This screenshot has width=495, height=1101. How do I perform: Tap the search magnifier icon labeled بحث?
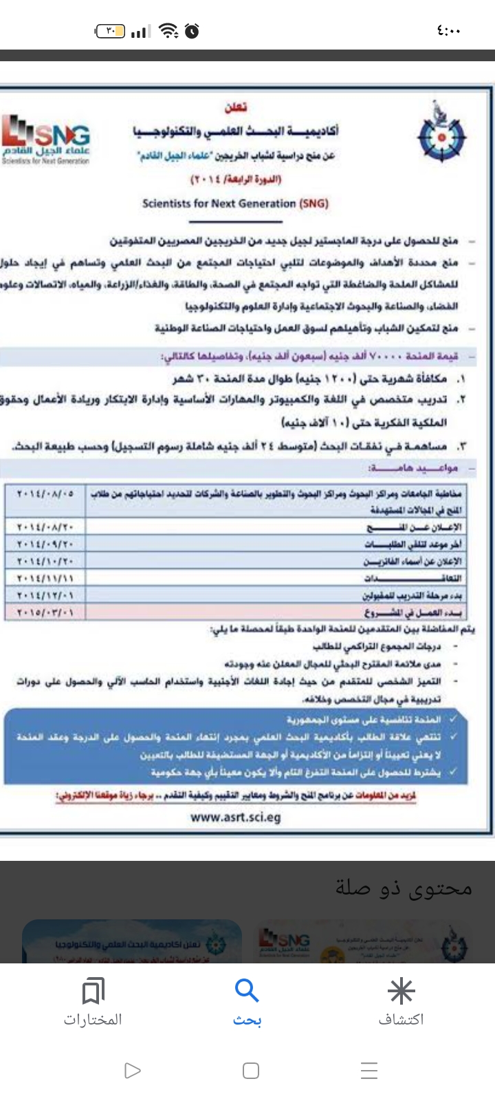point(247,992)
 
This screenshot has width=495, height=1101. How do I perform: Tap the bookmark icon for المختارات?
point(93,992)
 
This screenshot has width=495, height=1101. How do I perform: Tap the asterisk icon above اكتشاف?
point(401,992)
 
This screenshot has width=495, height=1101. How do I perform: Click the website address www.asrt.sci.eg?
point(236,817)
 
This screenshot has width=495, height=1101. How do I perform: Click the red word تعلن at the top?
point(236,107)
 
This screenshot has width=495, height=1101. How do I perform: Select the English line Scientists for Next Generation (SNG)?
point(235,204)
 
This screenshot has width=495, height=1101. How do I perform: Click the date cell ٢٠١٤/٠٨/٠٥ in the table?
point(47,493)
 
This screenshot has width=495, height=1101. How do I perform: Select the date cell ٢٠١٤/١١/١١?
point(47,578)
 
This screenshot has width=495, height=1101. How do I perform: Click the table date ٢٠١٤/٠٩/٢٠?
point(47,544)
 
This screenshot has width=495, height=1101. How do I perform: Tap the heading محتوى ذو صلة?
point(404,888)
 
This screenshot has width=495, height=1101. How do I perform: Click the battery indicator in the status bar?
point(110,31)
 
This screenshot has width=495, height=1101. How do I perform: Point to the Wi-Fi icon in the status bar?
point(167,31)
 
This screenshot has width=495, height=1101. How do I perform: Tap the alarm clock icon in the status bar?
point(192,31)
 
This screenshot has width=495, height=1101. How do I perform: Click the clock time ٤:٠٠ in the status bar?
point(448,31)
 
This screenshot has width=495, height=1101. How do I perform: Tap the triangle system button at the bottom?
point(132,1071)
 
